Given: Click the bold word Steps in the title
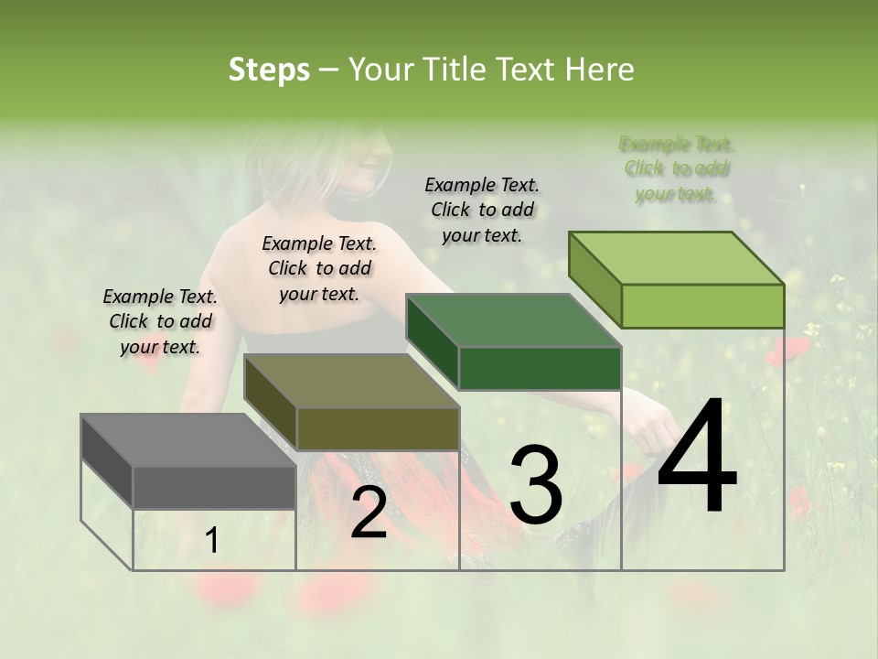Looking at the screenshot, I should pos(269,70).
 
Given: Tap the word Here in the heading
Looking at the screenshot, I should pos(599,70).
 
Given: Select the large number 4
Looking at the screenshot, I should pos(697,458).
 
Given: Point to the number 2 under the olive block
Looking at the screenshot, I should pos(369,513).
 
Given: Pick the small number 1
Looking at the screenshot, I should pos(212,541).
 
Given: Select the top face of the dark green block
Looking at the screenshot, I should pos(513,320).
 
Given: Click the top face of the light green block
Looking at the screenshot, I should pos(676,258).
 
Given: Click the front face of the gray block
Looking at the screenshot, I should pos(214,487).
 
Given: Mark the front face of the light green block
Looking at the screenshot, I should pos(702,306).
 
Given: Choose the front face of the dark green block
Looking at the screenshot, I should pos(540,368).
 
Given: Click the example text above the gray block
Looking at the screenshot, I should pos(160,321).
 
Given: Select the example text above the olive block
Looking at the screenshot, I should pos(319,268).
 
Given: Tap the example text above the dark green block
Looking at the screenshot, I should pos(482,210).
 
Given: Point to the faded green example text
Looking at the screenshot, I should pos(676,168).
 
